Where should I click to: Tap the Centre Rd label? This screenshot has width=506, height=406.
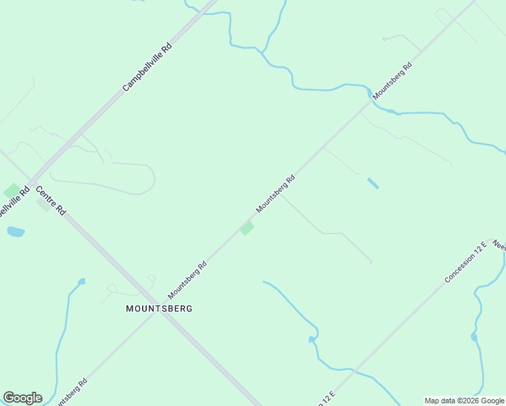tap(51, 200)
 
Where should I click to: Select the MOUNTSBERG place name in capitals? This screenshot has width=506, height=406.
tap(159, 309)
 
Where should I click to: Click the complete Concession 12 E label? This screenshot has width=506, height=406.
tap(466, 261)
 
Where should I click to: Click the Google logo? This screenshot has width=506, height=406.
tap(22, 397)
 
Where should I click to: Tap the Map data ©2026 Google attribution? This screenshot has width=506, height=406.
tap(464, 401)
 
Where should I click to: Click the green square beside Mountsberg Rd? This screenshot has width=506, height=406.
tap(247, 229)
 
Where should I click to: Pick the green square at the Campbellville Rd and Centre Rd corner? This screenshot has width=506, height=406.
tap(11, 191)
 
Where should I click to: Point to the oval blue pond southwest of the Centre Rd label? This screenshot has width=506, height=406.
tap(16, 232)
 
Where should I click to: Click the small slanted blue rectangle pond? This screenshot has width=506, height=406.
tap(373, 183)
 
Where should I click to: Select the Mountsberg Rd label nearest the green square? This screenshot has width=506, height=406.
tap(275, 194)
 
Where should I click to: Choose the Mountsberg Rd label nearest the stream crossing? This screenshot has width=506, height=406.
tap(392, 82)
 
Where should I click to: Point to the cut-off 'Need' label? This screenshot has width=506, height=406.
tap(499, 246)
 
